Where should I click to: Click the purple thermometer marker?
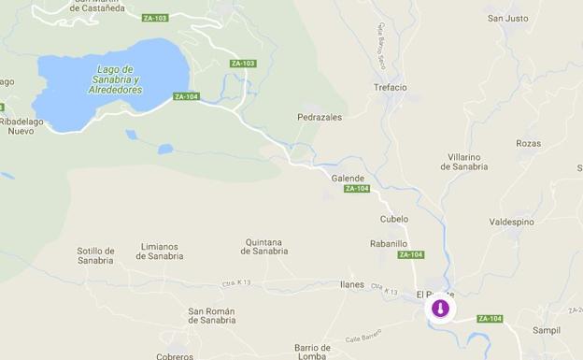click(x=440, y=309)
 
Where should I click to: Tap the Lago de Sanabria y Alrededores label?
click(x=119, y=79)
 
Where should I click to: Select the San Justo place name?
click(x=507, y=18)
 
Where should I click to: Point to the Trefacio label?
click(x=391, y=88)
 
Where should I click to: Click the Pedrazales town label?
click(x=320, y=118)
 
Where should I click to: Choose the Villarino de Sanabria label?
click(x=464, y=161)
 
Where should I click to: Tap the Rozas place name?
click(x=528, y=143)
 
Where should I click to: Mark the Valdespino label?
click(x=511, y=223)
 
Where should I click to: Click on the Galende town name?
click(x=348, y=178)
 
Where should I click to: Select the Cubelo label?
click(x=394, y=219)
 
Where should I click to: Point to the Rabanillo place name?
click(x=389, y=243)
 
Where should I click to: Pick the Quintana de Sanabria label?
click(x=265, y=246)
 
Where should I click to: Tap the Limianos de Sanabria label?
click(x=160, y=251)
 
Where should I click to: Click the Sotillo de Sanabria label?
click(x=95, y=255)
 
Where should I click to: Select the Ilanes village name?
click(x=352, y=284)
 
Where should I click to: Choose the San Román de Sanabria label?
click(x=212, y=315)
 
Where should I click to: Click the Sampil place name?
click(x=546, y=330)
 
